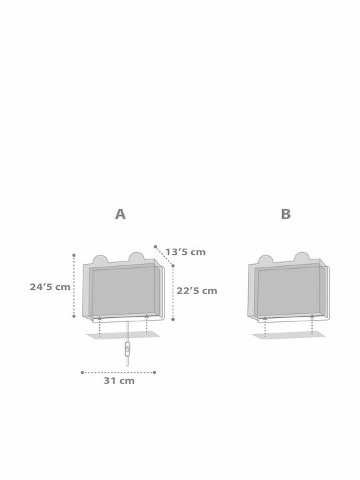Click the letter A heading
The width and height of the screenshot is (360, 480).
[x=120, y=214]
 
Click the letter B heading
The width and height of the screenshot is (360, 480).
[x=285, y=214]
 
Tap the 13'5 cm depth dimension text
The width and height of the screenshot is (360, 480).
[x=185, y=252]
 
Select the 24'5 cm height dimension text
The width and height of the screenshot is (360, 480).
[x=50, y=287]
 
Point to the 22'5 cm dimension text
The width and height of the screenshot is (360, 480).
[x=197, y=291]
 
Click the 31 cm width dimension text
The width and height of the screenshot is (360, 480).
[x=119, y=381]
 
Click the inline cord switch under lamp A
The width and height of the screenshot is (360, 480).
[x=127, y=349]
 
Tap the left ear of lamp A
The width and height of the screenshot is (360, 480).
[x=100, y=260]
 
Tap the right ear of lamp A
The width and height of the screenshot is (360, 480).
[x=136, y=257]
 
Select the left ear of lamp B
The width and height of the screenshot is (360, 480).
[x=265, y=260]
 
